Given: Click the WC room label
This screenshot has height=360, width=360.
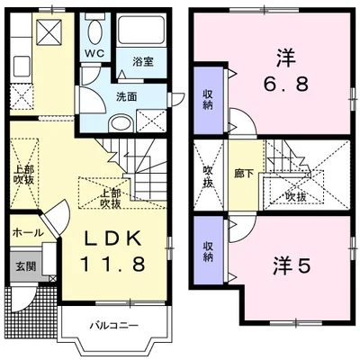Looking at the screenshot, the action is click(x=94, y=53).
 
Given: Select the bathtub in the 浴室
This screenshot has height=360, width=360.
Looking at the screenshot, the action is click(x=141, y=29).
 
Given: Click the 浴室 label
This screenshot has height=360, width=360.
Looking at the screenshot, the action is click(x=143, y=61).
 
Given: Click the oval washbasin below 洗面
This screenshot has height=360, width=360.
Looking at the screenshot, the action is click(x=121, y=123).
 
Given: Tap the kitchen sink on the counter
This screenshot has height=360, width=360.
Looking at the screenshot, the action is click(x=22, y=67).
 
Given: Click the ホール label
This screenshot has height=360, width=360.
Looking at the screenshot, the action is click(x=28, y=232).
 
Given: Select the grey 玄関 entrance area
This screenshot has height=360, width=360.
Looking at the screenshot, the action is click(x=25, y=265).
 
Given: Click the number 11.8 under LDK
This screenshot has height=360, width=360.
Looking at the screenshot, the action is click(x=113, y=264).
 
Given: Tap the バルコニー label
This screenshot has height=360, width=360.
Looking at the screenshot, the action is click(x=114, y=325).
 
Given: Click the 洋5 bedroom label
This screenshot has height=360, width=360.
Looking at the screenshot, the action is click(x=291, y=265).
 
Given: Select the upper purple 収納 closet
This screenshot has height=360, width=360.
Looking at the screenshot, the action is click(x=209, y=101).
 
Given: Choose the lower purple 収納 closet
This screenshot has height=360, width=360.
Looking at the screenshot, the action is click(x=209, y=250).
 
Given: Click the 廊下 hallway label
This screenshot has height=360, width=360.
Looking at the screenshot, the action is click(x=244, y=175).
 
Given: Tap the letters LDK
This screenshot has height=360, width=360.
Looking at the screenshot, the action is click(x=113, y=238).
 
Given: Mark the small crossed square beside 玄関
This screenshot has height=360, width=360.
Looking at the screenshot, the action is click(x=52, y=278).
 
